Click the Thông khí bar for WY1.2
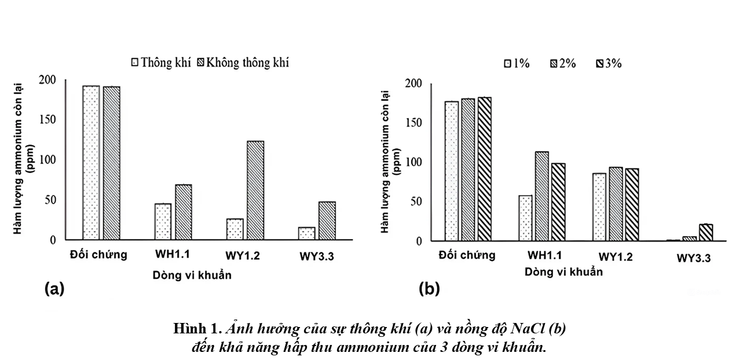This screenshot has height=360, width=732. click(x=235, y=229)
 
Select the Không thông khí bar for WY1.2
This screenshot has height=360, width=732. click(x=255, y=190)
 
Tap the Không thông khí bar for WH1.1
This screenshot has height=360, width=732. click(x=184, y=211)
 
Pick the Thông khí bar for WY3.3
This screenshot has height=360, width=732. click(x=306, y=233)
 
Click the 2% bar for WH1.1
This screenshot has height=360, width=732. click(x=541, y=196)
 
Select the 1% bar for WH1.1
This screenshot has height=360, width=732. click(x=525, y=218)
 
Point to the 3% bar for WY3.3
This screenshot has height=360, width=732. click(x=706, y=232)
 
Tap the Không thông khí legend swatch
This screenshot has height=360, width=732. click(x=202, y=63)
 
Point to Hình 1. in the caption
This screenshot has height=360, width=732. click(x=197, y=329)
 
